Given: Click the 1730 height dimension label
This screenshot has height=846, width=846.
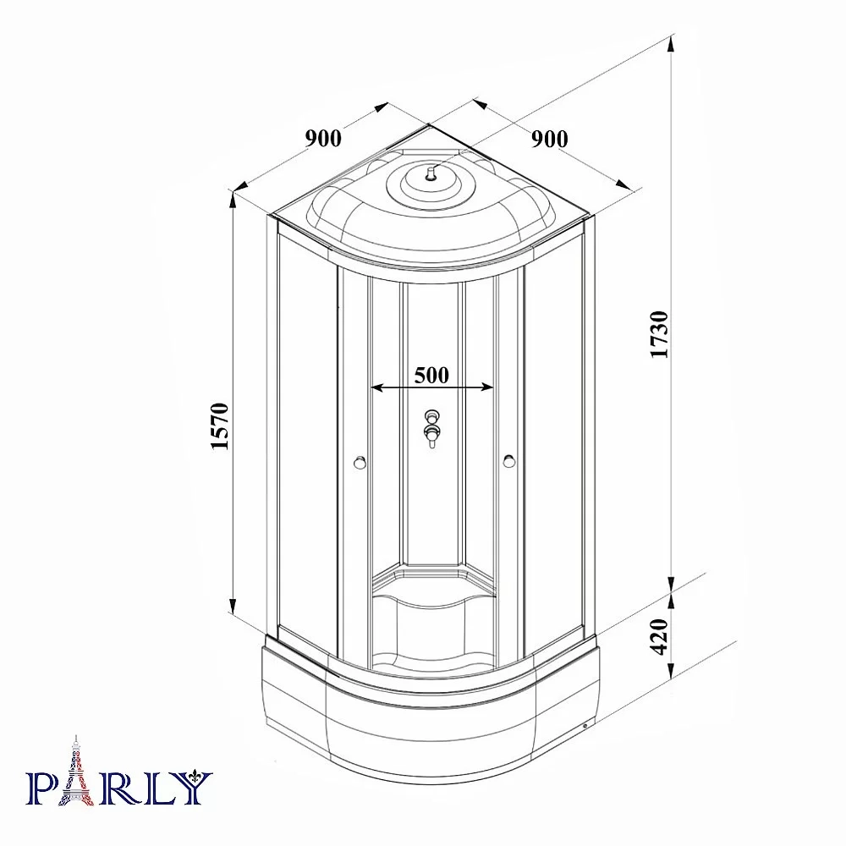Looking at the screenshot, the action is pos(660,334).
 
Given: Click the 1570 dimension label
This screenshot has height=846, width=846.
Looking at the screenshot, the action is pos(220,426).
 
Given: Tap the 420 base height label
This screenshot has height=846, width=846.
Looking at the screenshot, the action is pos(660,637).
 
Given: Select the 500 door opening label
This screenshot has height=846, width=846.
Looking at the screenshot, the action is pos(431,375).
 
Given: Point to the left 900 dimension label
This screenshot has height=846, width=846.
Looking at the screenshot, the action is pos(324,139).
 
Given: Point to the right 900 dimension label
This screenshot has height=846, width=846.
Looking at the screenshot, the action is pos(550,140).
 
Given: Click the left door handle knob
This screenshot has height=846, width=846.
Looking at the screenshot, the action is pos(360,463).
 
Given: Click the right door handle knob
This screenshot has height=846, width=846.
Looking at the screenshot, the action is pos(508,461).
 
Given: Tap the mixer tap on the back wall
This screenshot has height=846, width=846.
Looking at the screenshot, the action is pos(431,429).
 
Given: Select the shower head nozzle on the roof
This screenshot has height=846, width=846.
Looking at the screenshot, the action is pos(430,173).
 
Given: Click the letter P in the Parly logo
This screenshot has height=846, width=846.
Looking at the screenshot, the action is pos(41,788).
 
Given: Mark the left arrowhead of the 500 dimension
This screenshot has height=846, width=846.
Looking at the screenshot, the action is pos(377,387).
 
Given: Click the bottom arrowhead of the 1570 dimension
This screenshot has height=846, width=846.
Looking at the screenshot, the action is pos(233,606).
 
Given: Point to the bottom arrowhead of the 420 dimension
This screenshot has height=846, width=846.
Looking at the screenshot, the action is pos(671,671).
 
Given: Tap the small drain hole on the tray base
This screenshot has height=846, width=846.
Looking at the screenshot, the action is pos(586,725).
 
